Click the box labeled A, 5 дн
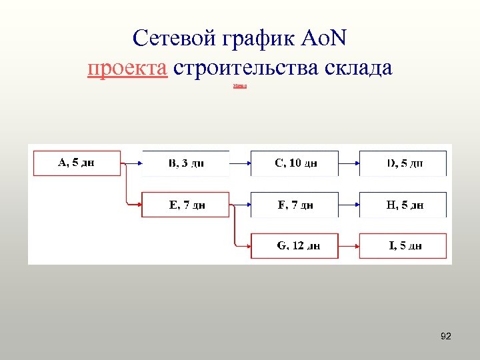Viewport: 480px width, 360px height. [x=77, y=163]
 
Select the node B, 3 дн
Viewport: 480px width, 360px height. [x=185, y=163]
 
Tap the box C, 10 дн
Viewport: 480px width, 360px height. [x=295, y=163]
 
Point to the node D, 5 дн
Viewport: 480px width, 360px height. [x=403, y=163]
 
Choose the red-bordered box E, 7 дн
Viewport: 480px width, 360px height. [x=185, y=205]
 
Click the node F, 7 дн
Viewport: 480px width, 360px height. [x=295, y=205]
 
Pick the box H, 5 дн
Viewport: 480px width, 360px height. [x=403, y=205]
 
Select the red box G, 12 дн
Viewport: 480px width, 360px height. [x=295, y=246]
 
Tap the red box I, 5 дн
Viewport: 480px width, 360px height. [x=403, y=246]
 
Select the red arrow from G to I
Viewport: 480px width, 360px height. [x=349, y=246]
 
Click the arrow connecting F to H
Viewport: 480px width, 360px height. [x=349, y=204]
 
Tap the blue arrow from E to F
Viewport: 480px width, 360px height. [x=240, y=204]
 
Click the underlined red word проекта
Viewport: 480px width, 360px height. [x=127, y=69]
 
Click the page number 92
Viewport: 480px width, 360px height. [x=446, y=337]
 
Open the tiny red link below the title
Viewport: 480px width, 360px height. [x=240, y=86]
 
